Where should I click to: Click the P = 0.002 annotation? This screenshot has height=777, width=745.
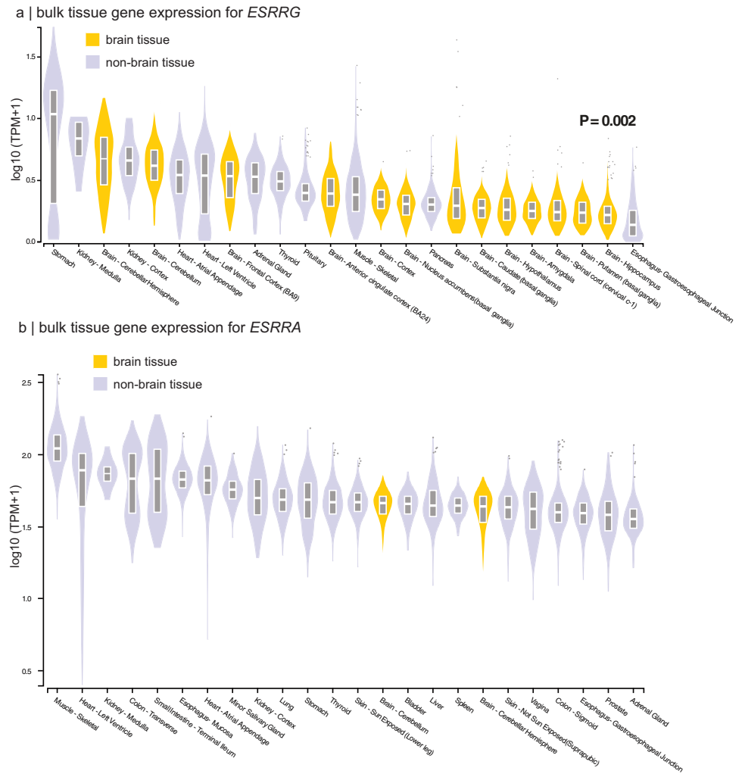click(607, 120)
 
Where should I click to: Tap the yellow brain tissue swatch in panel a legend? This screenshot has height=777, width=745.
click(93, 39)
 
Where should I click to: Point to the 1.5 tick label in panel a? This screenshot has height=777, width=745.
click(30, 57)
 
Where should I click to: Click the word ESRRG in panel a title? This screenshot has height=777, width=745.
click(269, 12)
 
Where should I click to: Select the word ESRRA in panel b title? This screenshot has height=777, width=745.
click(276, 327)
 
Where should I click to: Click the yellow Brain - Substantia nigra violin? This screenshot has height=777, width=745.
click(457, 197)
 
